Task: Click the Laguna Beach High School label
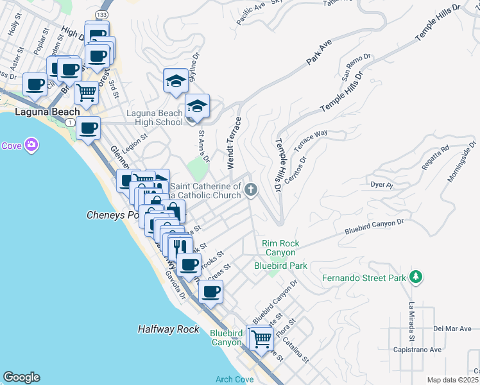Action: [x=154, y=117]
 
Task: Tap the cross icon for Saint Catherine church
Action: [x=251, y=189]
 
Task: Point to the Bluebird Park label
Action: [x=280, y=265]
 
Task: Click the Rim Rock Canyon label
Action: [x=280, y=248]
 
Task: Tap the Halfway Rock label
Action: [x=169, y=329]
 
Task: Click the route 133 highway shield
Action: [x=103, y=13]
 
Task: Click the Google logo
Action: [x=21, y=377]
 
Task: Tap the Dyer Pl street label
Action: [x=381, y=185]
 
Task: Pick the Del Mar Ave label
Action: [x=452, y=329]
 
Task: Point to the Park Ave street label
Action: [x=318, y=52]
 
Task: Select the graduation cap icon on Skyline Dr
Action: [x=176, y=80]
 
